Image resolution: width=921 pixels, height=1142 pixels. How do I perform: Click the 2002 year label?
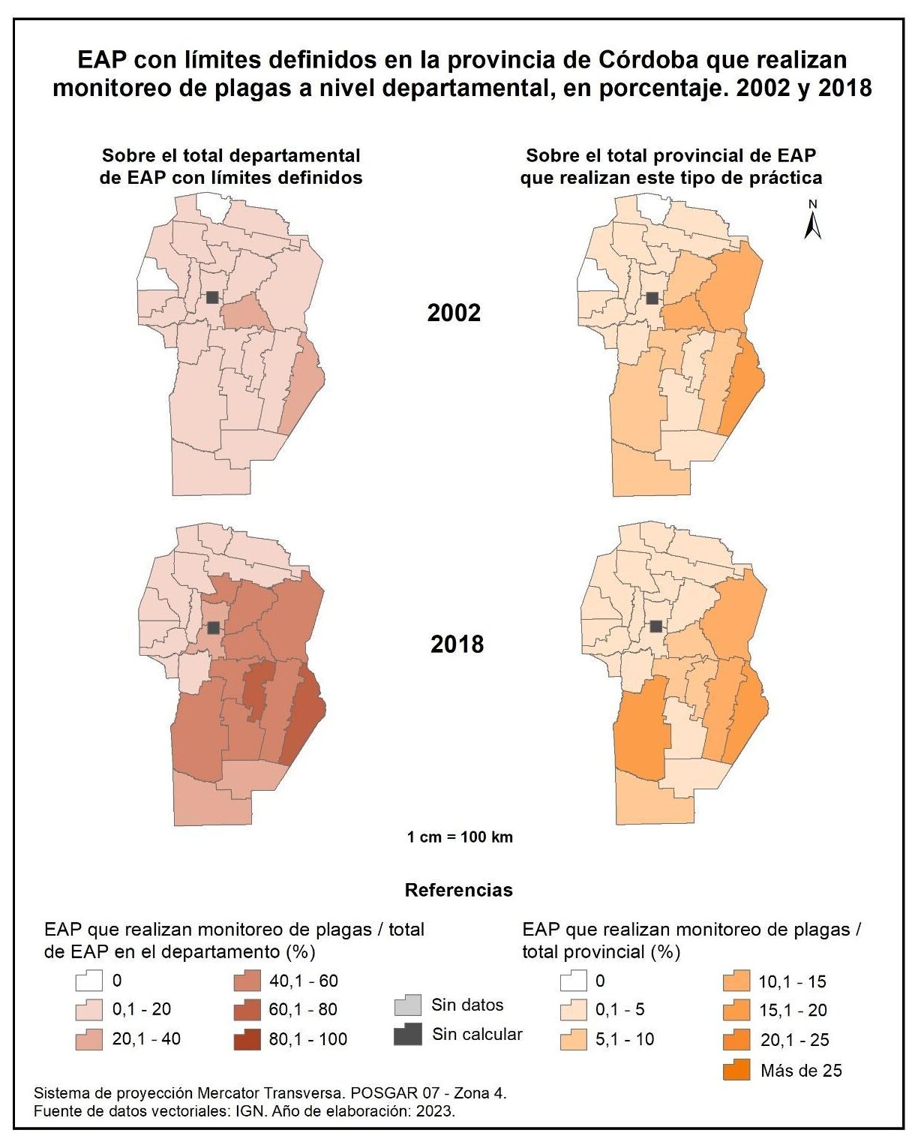(454, 313)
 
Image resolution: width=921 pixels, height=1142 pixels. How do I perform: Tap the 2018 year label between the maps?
(457, 644)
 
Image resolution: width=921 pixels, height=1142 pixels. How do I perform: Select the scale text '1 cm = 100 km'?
(460, 837)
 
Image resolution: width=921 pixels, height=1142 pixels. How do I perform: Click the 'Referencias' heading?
(458, 890)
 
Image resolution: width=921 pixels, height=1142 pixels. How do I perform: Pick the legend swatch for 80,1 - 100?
(247, 1039)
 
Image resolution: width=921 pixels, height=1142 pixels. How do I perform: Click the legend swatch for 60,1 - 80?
(247, 1010)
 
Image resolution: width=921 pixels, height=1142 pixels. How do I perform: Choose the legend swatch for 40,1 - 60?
(247, 981)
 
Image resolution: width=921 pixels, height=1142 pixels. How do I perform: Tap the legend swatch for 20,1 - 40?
(89, 1039)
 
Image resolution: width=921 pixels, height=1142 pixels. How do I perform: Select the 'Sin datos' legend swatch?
(407, 1005)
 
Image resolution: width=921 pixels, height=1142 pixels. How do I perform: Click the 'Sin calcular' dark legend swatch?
(407, 1035)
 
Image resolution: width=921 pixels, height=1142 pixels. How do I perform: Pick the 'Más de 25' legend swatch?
(737, 1070)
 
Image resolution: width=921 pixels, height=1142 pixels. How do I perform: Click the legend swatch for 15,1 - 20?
(737, 1011)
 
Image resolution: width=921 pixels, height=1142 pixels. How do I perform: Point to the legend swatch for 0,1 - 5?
(574, 1010)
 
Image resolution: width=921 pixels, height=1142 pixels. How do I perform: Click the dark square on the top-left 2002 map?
(213, 297)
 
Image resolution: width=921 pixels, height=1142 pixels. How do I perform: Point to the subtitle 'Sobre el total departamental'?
(231, 155)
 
